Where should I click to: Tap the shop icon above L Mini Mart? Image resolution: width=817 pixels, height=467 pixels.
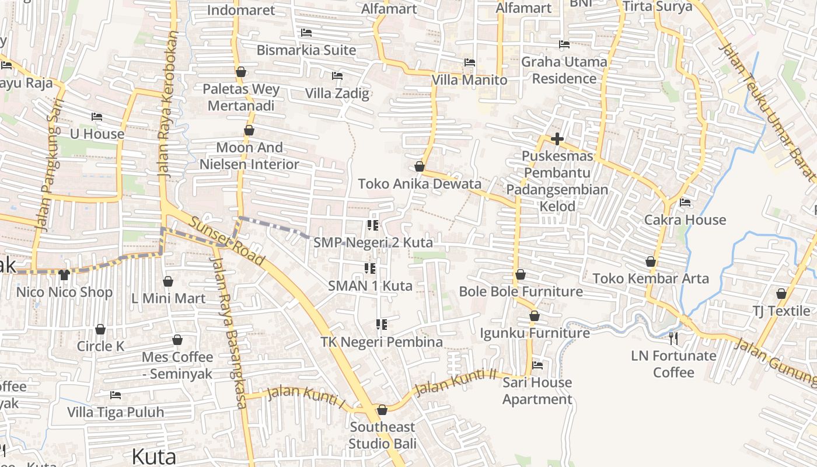pos(168,282)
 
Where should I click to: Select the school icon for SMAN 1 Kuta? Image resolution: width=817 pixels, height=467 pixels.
pos(369,269)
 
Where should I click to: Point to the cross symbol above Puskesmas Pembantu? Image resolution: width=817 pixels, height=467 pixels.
pos(557,139)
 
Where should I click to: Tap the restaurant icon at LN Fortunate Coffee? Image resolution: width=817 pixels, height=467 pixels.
pos(673,338)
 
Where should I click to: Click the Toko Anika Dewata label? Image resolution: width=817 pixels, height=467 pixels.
pos(420,184)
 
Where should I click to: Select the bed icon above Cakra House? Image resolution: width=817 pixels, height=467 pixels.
pos(685,203)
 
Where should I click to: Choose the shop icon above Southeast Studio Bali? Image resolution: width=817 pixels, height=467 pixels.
pos(382,410)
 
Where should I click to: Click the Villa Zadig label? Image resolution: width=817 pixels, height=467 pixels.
pos(337,93)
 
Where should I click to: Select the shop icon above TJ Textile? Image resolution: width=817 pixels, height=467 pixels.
pos(781,294)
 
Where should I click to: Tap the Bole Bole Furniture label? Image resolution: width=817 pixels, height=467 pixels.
pos(521,291)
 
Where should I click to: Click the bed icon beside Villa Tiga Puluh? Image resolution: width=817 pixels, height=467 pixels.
pos(116,395)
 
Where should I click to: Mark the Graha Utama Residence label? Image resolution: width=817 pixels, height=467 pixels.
pos(564,70)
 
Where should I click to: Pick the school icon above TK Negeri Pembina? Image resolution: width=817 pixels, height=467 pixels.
pos(382,325)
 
